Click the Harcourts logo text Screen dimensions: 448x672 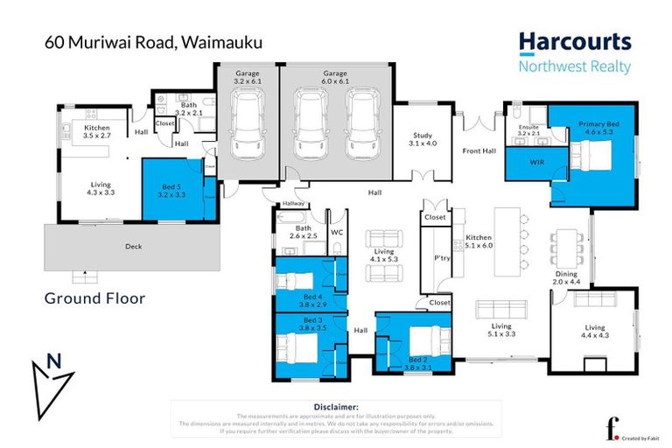point(574,42)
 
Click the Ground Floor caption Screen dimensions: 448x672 point(94,298)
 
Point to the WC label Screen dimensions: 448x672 point(336,233)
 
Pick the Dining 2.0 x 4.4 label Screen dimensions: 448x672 point(567,278)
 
